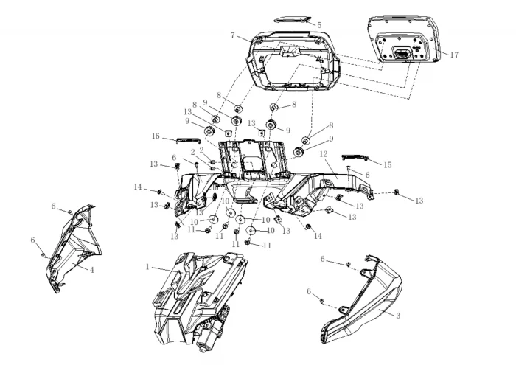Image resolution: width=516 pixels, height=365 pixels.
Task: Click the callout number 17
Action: click(x=455, y=54)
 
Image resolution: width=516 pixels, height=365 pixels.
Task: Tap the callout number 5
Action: click(x=318, y=24)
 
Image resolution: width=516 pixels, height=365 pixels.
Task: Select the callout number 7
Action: click(x=232, y=35)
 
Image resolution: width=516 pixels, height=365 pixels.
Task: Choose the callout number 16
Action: click(x=156, y=136)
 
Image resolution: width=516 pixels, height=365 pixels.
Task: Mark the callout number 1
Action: click(x=148, y=266)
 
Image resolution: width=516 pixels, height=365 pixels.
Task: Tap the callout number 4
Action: click(x=92, y=270)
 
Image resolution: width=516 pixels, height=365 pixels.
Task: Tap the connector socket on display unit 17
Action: click(x=403, y=54)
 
